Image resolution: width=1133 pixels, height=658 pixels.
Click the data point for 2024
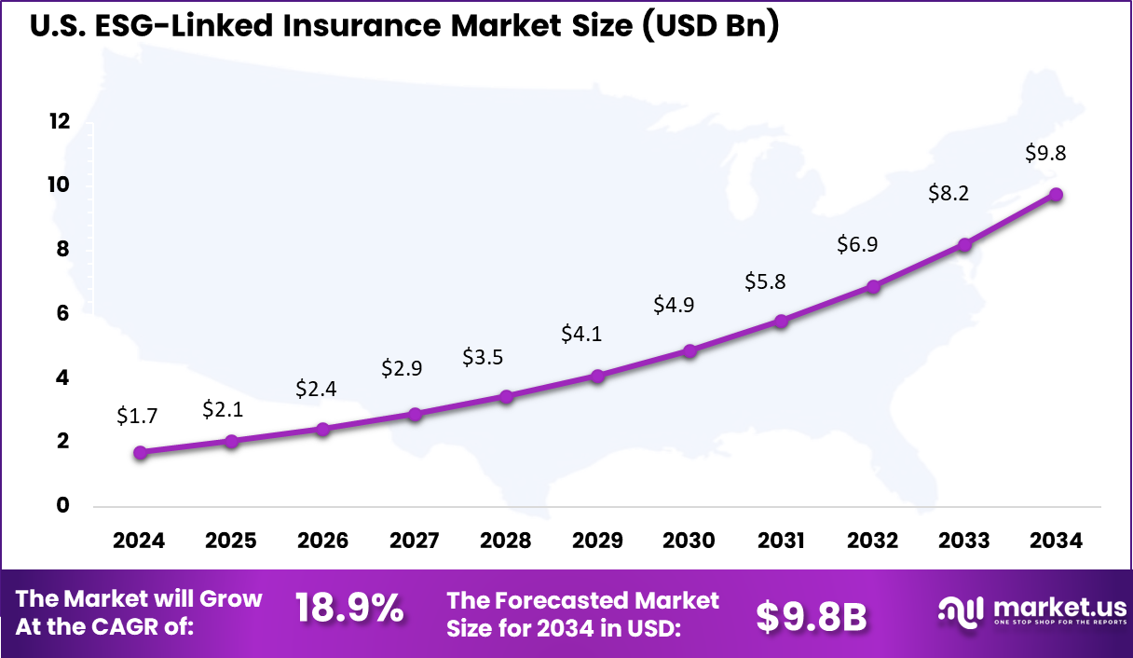pos(140,452)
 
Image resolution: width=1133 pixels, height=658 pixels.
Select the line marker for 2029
pos(597,376)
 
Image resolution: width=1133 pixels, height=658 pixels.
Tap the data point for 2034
pos(1056,194)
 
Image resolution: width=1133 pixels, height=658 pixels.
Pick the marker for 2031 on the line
pos(781,321)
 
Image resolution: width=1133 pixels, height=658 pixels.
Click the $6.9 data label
pos(856,245)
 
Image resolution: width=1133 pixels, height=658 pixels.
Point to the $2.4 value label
pos(316,388)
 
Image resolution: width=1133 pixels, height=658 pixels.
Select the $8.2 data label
pos(949,193)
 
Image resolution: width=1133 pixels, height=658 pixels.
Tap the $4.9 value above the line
pos(674,304)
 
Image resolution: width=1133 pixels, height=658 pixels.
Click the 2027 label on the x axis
pos(414,541)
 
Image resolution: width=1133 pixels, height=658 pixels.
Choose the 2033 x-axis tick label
pos(964,541)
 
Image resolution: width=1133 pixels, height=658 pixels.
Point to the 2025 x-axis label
pos(230,541)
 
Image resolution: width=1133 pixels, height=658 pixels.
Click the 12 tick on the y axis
pos(60,121)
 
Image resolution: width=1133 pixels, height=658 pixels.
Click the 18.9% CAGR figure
pos(349,609)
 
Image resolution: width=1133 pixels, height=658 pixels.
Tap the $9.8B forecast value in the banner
pos(811,614)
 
